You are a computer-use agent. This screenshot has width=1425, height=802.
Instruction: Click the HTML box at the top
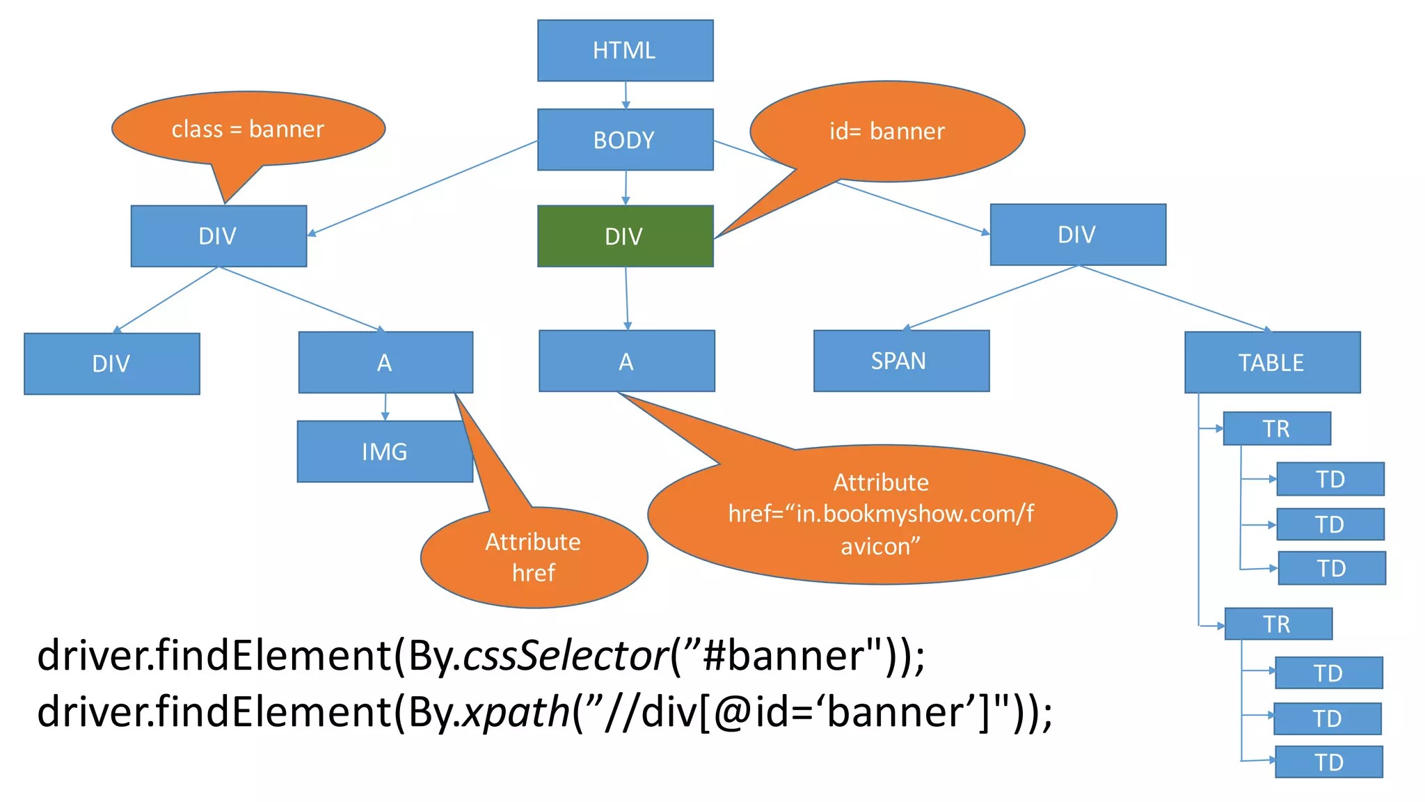[x=625, y=50]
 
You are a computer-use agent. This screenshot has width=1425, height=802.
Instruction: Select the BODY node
[x=625, y=139]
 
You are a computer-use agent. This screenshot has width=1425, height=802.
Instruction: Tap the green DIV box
[x=625, y=236]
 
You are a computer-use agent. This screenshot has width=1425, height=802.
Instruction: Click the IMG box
[x=384, y=451]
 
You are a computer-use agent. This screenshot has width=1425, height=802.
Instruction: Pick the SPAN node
[x=901, y=361]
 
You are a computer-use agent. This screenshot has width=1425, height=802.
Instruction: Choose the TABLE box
[x=1272, y=362]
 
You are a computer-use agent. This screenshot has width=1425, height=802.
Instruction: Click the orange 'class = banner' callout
[x=248, y=129]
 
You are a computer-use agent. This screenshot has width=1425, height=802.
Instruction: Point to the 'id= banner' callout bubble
[x=887, y=131]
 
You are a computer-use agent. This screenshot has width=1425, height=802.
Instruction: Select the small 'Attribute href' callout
[x=534, y=557]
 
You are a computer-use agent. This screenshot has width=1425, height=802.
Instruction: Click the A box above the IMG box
[x=385, y=362]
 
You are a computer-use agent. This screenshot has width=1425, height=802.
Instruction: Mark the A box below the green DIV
[x=626, y=361]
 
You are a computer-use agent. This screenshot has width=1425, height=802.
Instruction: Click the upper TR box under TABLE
[x=1276, y=428]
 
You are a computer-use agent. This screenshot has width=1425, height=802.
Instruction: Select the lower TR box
[x=1277, y=624]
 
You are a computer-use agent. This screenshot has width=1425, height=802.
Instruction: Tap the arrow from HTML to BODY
[x=626, y=95]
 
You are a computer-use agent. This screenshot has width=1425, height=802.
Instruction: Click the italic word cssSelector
[x=565, y=655]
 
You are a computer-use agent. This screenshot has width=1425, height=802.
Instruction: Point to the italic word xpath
[x=516, y=712]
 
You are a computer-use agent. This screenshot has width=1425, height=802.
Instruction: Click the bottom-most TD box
[x=1328, y=762]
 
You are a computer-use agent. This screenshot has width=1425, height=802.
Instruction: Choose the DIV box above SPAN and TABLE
[x=1077, y=235]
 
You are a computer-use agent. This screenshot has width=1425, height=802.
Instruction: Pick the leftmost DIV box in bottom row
[x=111, y=363]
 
